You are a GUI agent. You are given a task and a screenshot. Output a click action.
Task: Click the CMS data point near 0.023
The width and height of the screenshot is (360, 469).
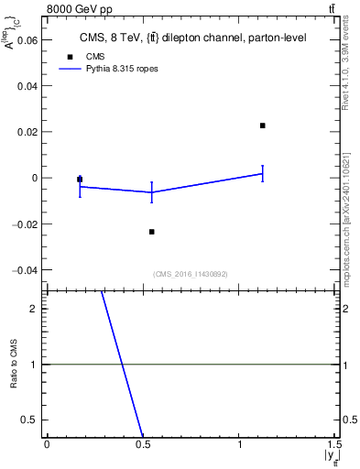pos(263,125)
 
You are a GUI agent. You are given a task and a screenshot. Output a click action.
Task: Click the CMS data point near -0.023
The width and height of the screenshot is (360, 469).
pos(152,232)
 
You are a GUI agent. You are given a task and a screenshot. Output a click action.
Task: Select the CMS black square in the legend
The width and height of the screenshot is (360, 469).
pos(70,57)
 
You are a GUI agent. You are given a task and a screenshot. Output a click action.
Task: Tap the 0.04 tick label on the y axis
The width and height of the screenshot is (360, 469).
pos(27,85)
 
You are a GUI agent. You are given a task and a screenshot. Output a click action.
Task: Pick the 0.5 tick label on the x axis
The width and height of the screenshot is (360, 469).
pos(143,444)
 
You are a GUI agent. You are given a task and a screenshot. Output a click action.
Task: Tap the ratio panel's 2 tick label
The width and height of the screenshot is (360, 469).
pos(34,309)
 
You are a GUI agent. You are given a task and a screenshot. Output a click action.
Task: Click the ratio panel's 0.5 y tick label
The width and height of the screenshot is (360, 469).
pos(30,420)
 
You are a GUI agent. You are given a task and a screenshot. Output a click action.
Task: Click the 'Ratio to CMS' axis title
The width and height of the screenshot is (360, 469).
pos(14,365)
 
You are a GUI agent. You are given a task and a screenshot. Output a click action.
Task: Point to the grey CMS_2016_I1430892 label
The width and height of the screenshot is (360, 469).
pos(191,274)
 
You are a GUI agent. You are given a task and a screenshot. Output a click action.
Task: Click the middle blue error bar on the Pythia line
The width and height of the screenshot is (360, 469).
pos(152,192)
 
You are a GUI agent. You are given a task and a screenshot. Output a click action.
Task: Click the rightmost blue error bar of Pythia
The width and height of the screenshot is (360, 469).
pos(263,173)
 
